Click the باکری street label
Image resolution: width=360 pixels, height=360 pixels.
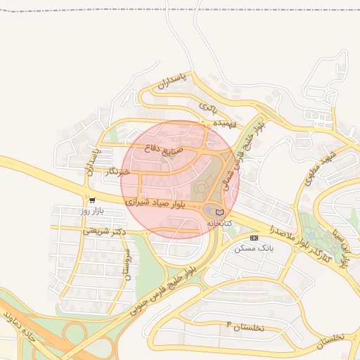[x=207, y=108]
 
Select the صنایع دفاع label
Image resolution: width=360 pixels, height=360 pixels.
[x=163, y=149]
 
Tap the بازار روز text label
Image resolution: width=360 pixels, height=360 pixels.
[x=92, y=210]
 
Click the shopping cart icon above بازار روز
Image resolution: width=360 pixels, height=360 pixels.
[x=92, y=200]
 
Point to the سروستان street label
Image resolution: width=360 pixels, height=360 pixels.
[x=127, y=264]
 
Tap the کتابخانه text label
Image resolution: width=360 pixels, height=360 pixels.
[x=219, y=222]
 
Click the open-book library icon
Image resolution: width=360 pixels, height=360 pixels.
[x=219, y=212]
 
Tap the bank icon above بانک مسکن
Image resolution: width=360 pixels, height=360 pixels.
[x=254, y=238]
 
